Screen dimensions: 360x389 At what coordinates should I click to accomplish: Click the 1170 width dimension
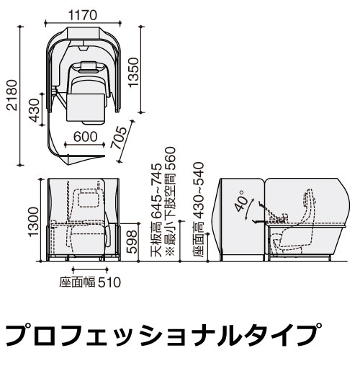click(83, 15)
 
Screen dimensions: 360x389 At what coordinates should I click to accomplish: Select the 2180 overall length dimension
click(12, 95)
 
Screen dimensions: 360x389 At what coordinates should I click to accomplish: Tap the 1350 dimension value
click(133, 72)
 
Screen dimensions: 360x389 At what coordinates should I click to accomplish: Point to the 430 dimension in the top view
click(34, 110)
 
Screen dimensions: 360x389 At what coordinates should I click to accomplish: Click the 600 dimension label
click(85, 137)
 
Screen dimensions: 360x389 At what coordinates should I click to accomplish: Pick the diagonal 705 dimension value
click(119, 138)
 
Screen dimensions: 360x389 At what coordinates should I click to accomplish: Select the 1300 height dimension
click(33, 222)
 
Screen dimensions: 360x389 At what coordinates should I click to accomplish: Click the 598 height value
click(132, 241)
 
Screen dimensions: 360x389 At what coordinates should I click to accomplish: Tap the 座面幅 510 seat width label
click(90, 282)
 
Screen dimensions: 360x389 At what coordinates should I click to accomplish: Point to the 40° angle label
click(241, 201)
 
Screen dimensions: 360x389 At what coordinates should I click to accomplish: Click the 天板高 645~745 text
click(157, 210)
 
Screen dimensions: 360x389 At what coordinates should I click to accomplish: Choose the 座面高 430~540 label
click(198, 209)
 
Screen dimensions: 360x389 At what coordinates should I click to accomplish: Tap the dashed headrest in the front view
click(88, 198)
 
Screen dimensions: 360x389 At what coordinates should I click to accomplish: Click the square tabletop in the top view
click(85, 107)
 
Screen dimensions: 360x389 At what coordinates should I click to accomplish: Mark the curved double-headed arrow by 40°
click(249, 208)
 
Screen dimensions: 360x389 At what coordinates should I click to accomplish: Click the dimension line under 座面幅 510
click(90, 269)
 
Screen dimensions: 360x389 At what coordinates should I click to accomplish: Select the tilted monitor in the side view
click(271, 210)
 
